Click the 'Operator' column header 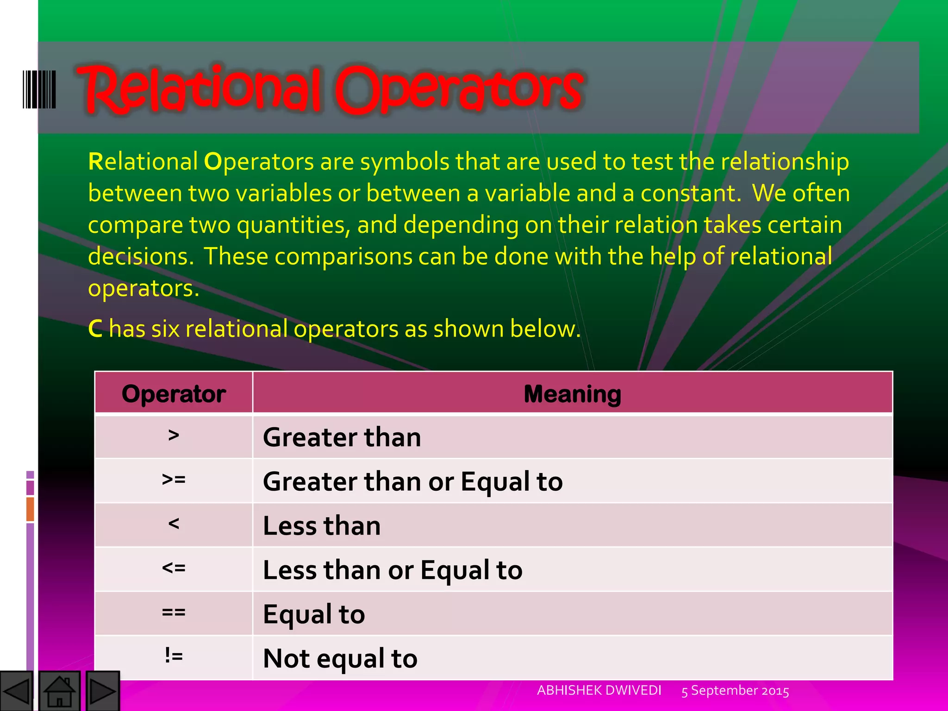coord(174,394)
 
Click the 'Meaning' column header coord(572,394)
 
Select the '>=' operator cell coord(174,480)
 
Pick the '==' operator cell coord(174,612)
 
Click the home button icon coord(60,691)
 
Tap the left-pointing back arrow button coord(17,691)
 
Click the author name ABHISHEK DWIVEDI coord(599,690)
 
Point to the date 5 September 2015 coord(735,691)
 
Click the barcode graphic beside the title coord(39,89)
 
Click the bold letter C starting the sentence coord(95,329)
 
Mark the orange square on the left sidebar coord(30,509)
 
